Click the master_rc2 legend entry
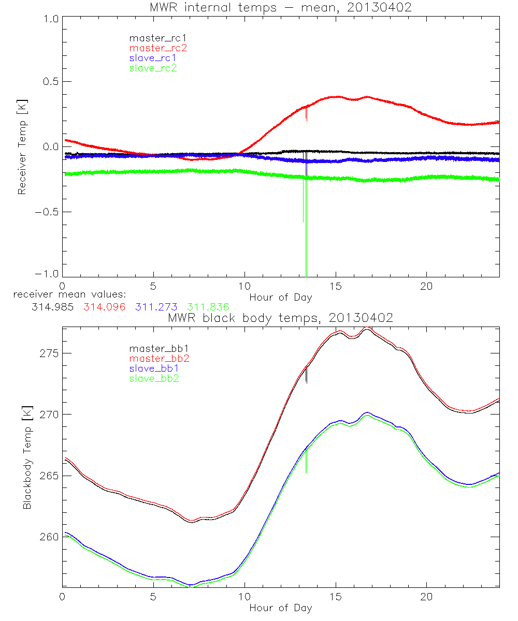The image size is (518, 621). click(x=157, y=48)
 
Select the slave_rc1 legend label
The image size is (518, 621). click(x=153, y=58)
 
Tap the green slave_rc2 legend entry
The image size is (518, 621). click(x=153, y=68)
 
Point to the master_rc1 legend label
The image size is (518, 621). click(x=157, y=38)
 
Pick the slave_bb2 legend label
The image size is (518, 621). click(x=154, y=379)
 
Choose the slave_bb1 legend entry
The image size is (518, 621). click(x=154, y=369)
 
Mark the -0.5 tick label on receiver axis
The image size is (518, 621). click(x=48, y=212)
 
